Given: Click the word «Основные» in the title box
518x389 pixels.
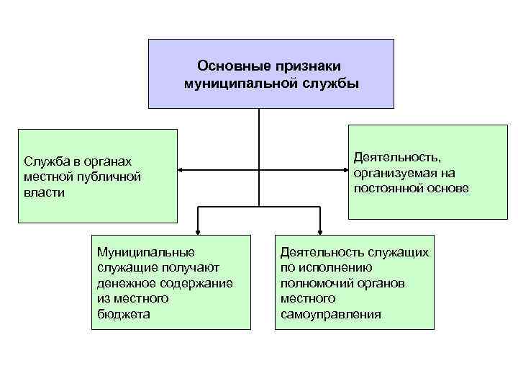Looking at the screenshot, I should click(231, 66).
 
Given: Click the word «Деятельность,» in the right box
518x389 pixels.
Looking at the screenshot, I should click(397, 157).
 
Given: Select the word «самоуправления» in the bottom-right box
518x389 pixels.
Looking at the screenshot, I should click(331, 315).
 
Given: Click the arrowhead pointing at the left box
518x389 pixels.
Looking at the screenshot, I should click(181, 171).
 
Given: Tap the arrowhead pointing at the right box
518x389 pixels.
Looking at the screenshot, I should click(345, 171).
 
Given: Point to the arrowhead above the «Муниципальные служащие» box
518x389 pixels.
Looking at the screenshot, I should click(198, 231).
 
